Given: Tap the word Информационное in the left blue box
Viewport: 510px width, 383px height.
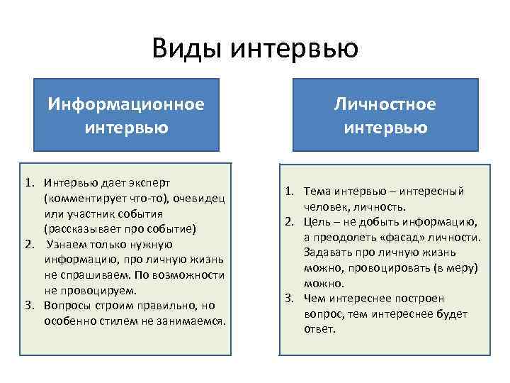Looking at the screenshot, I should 126,104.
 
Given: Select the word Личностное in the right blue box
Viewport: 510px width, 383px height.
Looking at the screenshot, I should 385,104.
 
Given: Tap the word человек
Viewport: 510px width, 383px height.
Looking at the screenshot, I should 325,207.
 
